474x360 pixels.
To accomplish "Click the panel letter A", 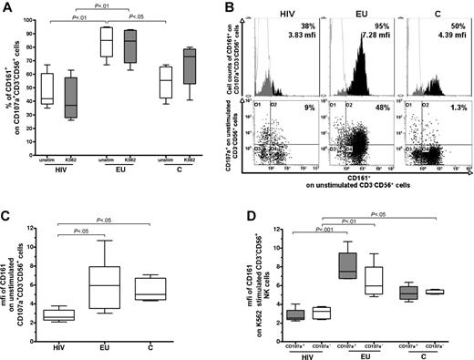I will click(x=7, y=7).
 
